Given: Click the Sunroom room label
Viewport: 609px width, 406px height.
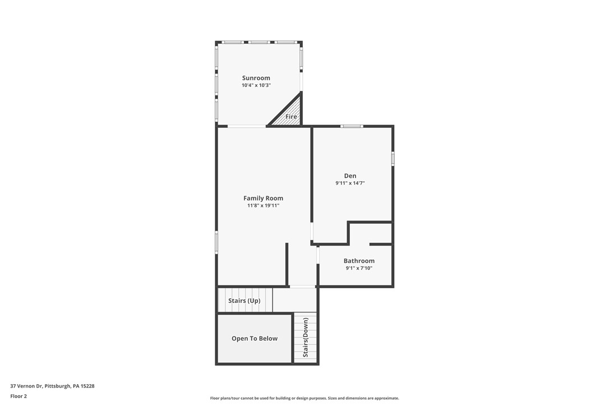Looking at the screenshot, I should click(x=256, y=78).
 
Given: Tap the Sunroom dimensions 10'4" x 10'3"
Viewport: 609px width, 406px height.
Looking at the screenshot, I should click(x=256, y=85).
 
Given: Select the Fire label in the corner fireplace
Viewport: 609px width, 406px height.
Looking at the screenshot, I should click(x=291, y=117).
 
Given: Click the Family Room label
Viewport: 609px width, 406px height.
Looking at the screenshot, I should click(x=263, y=198).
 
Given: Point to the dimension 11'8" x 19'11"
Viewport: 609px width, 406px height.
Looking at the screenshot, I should click(x=263, y=206).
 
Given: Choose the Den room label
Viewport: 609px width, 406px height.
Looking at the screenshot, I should click(x=350, y=176).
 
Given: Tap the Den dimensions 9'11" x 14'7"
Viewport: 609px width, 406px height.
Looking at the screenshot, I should click(x=350, y=183).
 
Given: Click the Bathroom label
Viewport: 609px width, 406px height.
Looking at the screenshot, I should click(x=359, y=261).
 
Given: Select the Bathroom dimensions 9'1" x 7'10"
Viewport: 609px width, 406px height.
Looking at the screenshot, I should click(x=359, y=269).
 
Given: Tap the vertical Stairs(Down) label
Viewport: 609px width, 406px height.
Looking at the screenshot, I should click(x=306, y=338).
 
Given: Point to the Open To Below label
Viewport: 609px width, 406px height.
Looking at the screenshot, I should click(x=255, y=339).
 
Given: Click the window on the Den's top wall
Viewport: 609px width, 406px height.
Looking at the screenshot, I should click(x=352, y=126).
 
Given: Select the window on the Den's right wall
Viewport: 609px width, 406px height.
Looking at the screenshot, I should click(x=393, y=159).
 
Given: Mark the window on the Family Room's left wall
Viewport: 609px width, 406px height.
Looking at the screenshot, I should click(x=216, y=242).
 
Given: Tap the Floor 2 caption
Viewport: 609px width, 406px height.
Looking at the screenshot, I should click(x=19, y=396).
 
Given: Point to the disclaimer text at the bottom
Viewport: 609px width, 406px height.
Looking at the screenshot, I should click(x=304, y=398).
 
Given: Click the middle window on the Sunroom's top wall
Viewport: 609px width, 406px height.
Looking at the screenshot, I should click(x=259, y=42).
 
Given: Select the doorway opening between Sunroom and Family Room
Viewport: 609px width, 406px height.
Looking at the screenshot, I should click(x=247, y=126).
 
